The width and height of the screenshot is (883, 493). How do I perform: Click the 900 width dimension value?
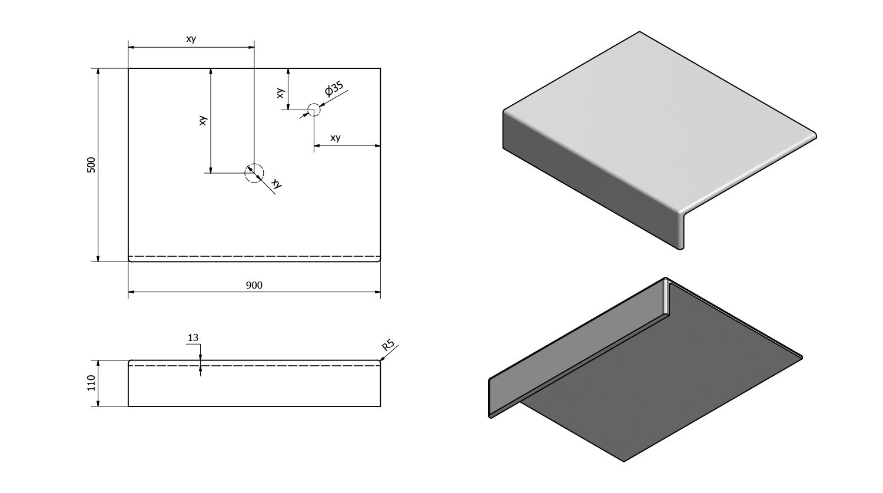(254, 285)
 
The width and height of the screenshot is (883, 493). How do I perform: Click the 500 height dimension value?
(91, 165)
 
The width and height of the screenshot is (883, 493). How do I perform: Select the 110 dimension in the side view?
(91, 383)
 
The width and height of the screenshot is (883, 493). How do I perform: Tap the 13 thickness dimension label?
(193, 338)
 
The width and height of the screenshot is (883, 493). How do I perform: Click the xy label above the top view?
(191, 39)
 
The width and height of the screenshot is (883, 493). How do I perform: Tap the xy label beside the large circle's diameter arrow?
(277, 184)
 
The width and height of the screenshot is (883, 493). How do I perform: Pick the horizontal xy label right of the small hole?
(335, 138)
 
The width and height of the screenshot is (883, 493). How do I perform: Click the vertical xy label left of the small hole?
(280, 92)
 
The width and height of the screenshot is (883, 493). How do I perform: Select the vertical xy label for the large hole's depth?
(203, 120)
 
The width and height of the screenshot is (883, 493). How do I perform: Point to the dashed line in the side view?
(294, 366)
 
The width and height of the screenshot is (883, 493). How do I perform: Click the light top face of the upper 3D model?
(653, 118)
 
